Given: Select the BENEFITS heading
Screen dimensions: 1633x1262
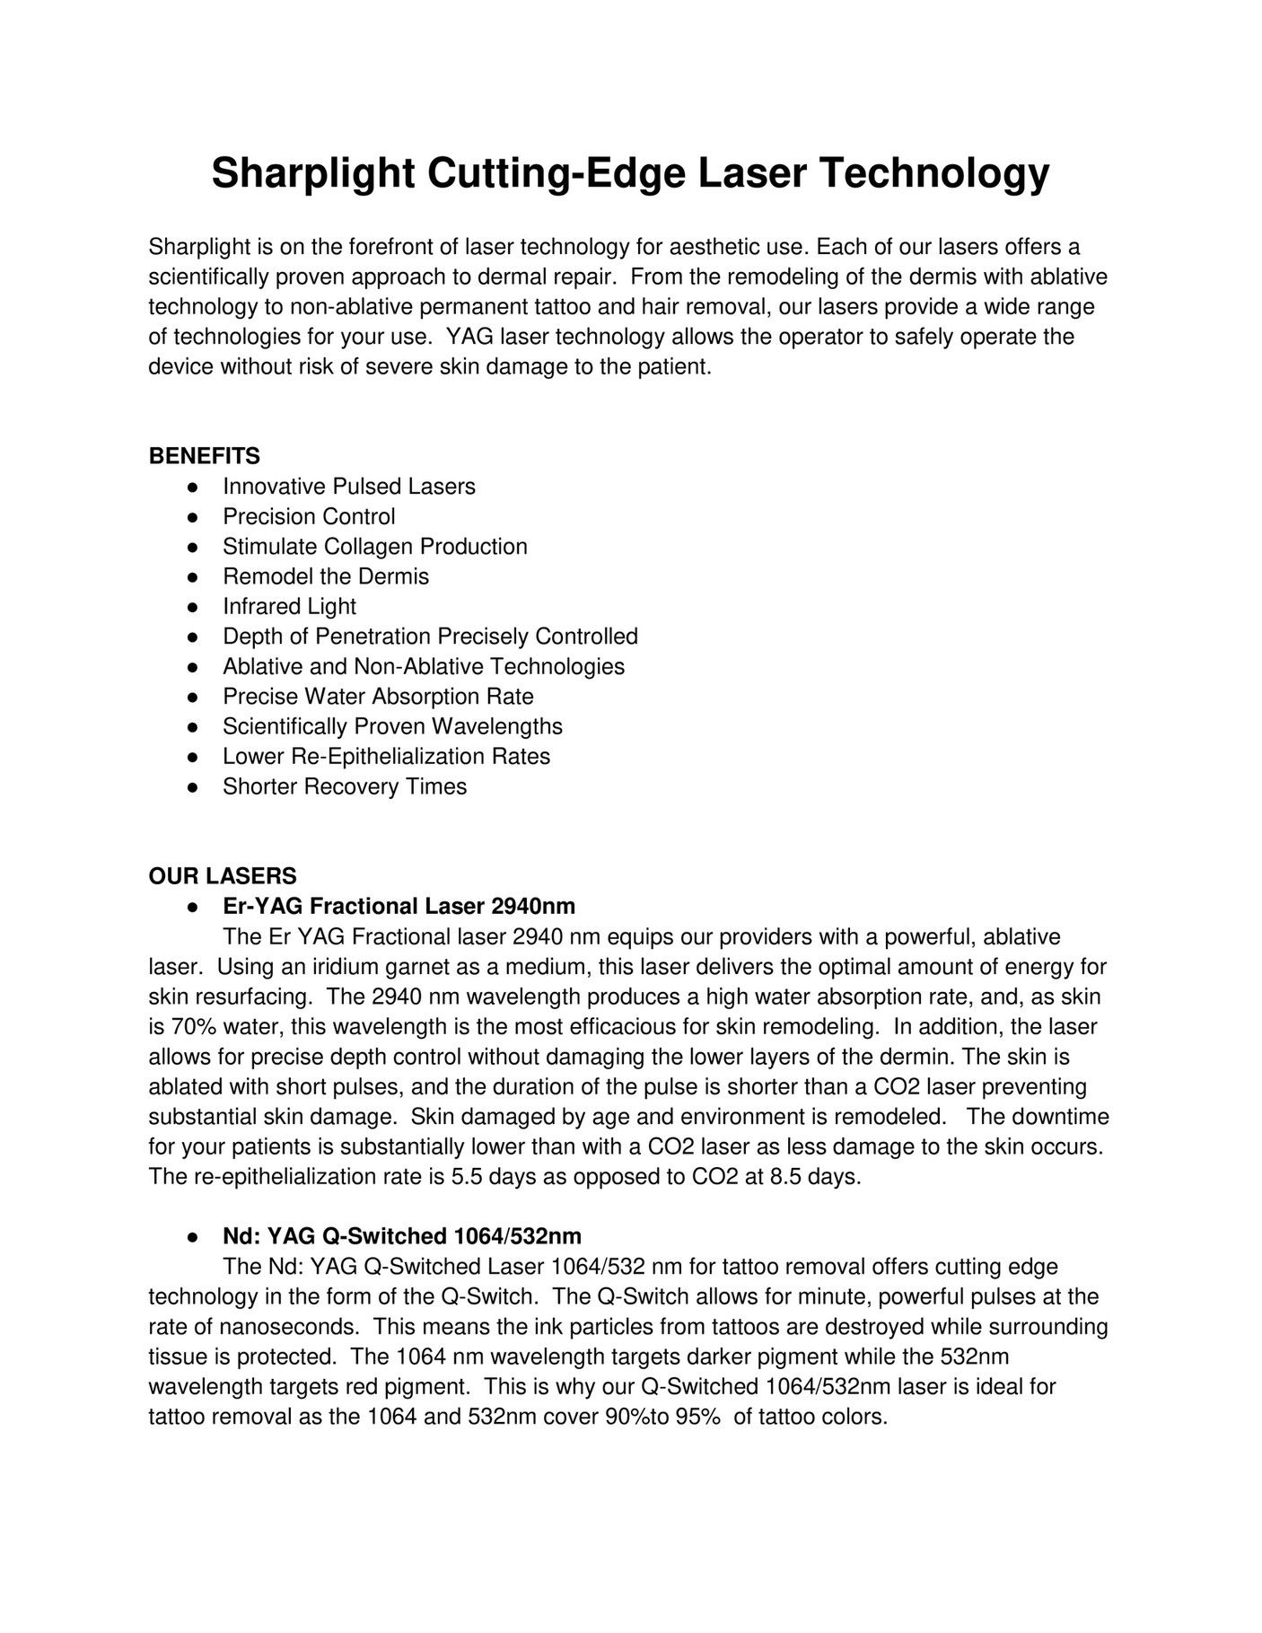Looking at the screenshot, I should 204,456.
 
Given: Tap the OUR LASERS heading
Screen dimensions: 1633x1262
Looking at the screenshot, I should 222,875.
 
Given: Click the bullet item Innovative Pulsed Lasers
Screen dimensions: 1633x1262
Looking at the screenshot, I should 348,487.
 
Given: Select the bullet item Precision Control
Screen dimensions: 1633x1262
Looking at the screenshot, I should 309,516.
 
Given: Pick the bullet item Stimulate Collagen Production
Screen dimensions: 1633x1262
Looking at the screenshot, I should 374,547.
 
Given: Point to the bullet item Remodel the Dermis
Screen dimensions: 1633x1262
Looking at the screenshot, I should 326,576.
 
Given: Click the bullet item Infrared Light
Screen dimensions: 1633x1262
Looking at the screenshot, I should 289,607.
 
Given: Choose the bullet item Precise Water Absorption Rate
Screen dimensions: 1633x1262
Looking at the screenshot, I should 378,697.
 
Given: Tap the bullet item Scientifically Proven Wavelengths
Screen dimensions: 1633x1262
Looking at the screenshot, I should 392,726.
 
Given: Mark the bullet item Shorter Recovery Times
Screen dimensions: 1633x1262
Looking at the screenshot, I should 345,786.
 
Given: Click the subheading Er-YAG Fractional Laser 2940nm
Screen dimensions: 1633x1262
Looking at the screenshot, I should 399,906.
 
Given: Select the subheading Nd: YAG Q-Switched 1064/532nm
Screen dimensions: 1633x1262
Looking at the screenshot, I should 401,1236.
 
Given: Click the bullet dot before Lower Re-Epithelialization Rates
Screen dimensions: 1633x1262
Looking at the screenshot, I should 192,757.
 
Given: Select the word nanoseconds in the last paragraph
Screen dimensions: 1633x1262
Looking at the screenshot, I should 299,1327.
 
